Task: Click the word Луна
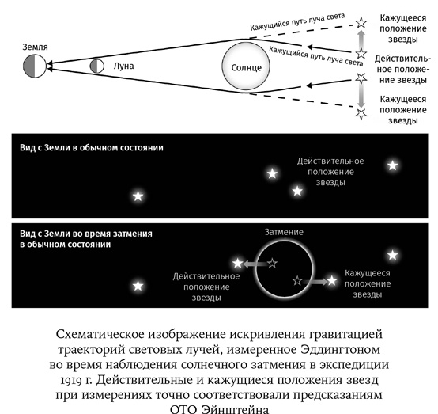coord(123,66)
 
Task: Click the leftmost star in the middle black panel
coord(138,196)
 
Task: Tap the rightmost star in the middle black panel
coord(393,165)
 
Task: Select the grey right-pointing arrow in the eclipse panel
coord(314,280)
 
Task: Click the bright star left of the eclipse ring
coord(237,263)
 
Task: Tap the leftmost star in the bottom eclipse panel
coord(138,285)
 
